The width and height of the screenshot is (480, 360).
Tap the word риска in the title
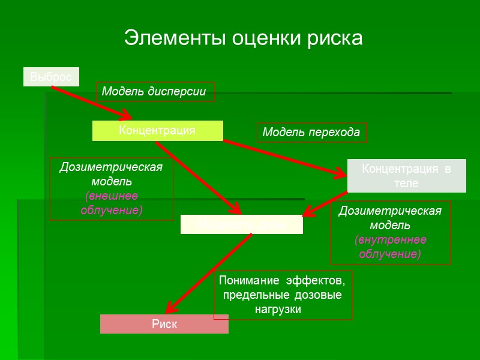(333, 38)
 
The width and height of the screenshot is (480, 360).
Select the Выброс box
(51, 77)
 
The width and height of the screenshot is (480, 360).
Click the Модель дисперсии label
(154, 92)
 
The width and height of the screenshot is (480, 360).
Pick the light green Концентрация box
(157, 130)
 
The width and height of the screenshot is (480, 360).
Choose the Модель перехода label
(311, 133)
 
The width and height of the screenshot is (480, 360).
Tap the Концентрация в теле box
(406, 176)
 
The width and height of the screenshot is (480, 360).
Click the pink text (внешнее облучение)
(112, 203)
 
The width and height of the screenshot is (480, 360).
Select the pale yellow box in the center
(241, 224)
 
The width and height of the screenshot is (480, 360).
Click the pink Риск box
(164, 324)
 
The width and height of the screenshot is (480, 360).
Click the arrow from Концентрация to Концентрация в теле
(282, 158)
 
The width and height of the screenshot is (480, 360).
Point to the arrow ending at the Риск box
(207, 273)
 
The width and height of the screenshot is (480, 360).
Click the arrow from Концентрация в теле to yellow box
(324, 203)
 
